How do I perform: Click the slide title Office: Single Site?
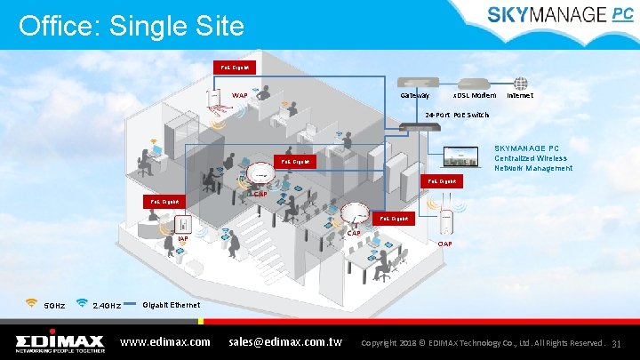coord(131,26)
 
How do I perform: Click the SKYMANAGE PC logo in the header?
coord(559,14)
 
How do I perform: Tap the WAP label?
coord(240,94)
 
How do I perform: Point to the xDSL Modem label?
coord(475,94)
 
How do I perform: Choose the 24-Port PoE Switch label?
coord(456,116)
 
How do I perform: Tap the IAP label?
coord(182,238)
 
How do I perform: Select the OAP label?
coord(445,244)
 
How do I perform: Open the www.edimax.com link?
coord(164,341)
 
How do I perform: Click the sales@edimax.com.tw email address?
coord(285,341)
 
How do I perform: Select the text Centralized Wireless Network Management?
coord(533,163)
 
